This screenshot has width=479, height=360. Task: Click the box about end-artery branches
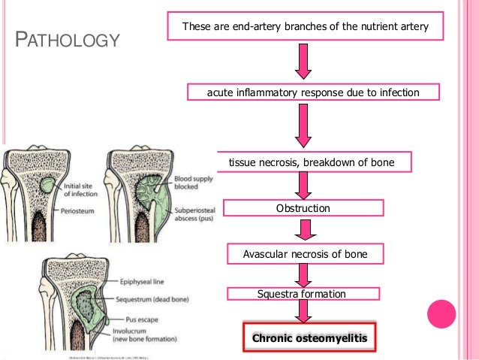[x=306, y=27]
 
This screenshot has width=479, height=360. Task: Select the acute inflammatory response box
[x=312, y=92]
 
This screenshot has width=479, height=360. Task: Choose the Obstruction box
[x=303, y=207]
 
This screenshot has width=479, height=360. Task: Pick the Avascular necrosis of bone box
[x=305, y=254]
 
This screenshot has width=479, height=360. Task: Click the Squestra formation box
[x=302, y=294]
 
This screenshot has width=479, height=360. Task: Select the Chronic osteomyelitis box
[x=309, y=339]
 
